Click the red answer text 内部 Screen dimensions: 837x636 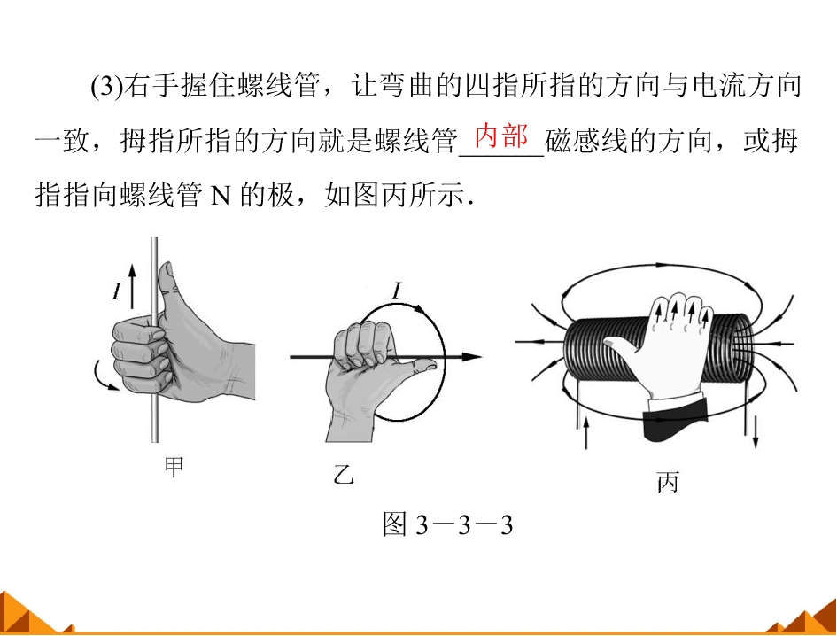point(500,136)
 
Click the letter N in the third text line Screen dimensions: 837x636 point(221,196)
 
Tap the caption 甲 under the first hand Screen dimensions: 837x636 point(174,467)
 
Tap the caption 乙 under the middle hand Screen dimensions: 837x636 point(344,473)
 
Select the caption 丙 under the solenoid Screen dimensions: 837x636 point(668,482)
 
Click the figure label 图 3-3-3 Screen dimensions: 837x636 point(447,524)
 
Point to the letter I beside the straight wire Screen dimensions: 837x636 point(117,291)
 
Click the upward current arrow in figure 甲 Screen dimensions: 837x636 point(132,286)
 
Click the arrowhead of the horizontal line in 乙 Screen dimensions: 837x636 point(472,357)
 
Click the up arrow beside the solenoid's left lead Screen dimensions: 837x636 point(586,433)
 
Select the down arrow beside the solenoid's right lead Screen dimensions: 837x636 point(756,433)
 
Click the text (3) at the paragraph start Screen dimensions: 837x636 point(106,85)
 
